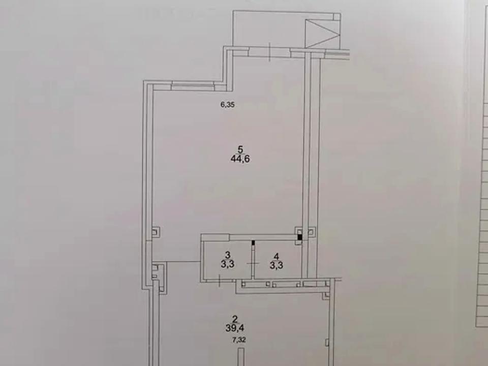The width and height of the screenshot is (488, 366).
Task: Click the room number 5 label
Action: (x=240, y=149)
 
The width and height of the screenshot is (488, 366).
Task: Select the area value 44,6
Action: (x=240, y=159)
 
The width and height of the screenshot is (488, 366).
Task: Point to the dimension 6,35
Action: (x=228, y=105)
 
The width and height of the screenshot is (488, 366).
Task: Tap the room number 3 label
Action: (x=228, y=255)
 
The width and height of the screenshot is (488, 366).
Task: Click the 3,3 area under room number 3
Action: (x=228, y=264)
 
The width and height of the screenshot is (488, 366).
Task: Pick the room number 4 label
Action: (x=277, y=256)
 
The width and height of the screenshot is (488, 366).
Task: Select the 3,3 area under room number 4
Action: (x=277, y=266)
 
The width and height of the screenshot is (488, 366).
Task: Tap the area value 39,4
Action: (x=235, y=328)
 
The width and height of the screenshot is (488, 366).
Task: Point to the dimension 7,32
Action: (x=239, y=340)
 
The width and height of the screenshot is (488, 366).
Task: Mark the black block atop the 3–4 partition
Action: (x=253, y=242)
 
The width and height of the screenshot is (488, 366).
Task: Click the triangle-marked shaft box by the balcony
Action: (x=322, y=34)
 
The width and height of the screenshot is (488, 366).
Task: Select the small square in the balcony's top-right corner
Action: (x=337, y=16)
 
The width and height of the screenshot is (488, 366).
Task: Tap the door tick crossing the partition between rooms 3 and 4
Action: (x=253, y=264)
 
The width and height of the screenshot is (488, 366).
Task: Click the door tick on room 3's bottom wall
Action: (x=220, y=281)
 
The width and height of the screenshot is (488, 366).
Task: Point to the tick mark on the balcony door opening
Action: (x=269, y=52)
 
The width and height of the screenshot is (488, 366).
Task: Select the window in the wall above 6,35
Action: (x=193, y=86)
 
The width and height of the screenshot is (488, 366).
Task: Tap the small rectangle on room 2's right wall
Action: (x=327, y=342)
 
